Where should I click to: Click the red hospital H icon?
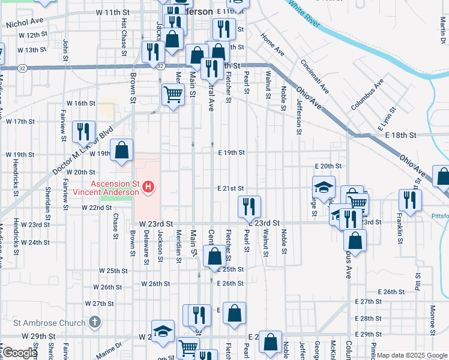(x=149, y=188)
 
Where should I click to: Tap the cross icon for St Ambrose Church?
(x=94, y=323)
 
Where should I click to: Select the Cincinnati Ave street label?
(x=315, y=76)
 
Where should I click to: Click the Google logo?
(x=19, y=353)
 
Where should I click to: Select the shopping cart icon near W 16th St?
(x=173, y=94)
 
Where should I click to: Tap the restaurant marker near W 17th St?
(x=83, y=131)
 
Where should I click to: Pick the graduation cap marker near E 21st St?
(x=324, y=187)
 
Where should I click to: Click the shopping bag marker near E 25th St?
(x=214, y=256)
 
